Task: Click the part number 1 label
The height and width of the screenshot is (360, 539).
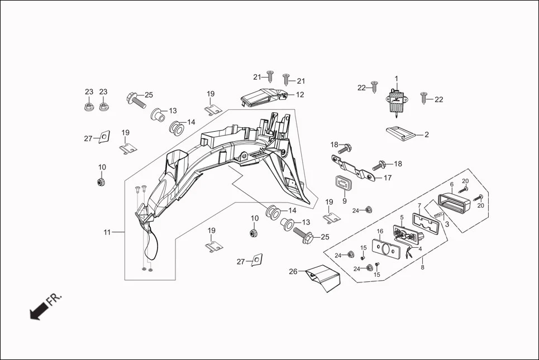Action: tap(397, 79)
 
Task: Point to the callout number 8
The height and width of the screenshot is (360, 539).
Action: tap(422, 267)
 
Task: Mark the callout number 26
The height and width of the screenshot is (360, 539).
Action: tap(293, 272)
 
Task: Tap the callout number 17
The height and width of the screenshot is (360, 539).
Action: tap(387, 178)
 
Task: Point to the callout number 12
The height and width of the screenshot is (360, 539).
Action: tap(300, 95)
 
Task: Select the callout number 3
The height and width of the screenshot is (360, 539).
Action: tap(447, 224)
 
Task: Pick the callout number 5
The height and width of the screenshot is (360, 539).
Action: tap(401, 217)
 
